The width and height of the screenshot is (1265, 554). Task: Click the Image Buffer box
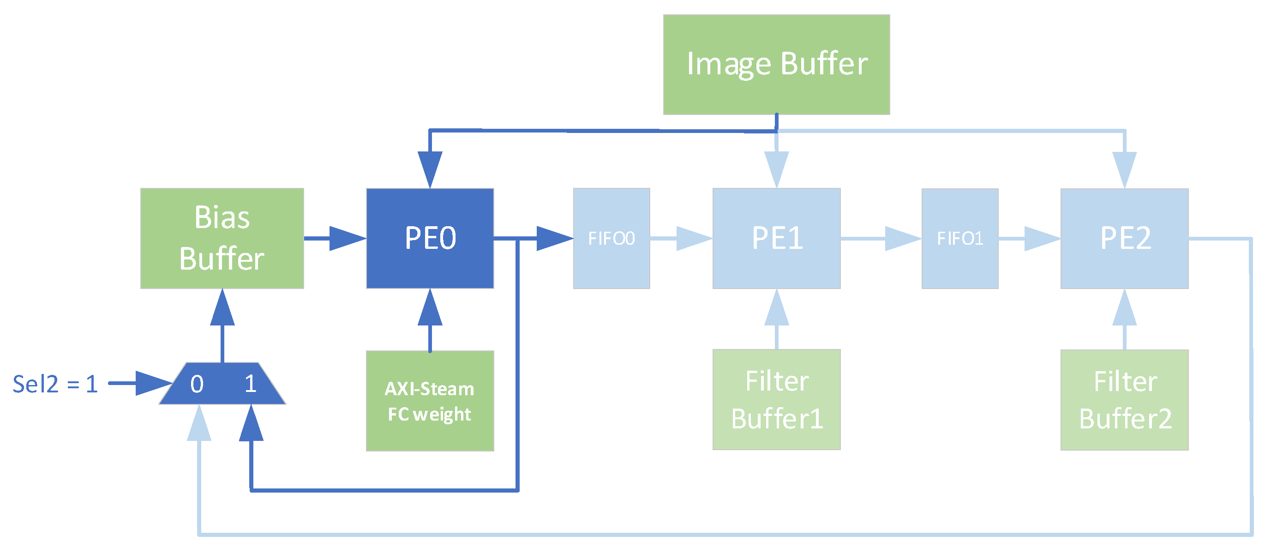point(776,64)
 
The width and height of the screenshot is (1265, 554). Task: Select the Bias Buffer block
point(222,238)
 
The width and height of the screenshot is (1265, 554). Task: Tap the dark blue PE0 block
point(430,238)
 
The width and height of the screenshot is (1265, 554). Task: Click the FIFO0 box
point(612,238)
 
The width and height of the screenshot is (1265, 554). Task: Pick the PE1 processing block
point(776,238)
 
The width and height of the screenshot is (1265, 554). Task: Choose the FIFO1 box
point(959,238)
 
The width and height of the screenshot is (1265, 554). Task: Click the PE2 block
point(1124,238)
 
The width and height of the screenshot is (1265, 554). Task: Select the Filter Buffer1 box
point(776,399)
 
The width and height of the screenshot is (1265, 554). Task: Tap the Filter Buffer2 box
point(1124,400)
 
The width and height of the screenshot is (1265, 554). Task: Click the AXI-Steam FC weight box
point(430,401)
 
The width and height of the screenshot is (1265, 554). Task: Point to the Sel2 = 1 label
point(55,384)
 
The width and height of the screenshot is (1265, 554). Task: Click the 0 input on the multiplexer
point(197,384)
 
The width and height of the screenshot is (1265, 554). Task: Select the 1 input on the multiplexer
point(251,384)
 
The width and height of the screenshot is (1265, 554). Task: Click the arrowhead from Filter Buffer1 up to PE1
point(776,308)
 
